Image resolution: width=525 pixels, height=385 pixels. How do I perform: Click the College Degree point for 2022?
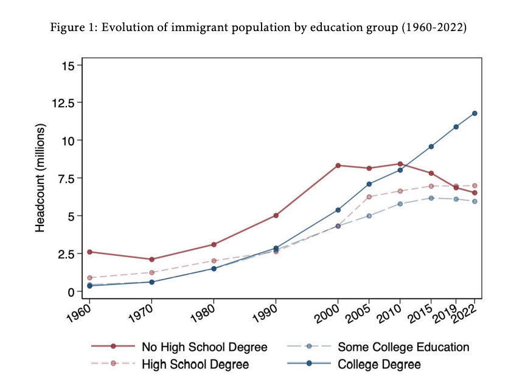tap(475, 113)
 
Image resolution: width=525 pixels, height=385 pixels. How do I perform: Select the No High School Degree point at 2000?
tap(338, 166)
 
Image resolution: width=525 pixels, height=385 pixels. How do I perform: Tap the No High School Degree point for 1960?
tap(90, 252)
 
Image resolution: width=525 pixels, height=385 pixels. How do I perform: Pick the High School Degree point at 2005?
tap(369, 196)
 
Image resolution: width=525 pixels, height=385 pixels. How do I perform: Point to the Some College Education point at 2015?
tap(431, 198)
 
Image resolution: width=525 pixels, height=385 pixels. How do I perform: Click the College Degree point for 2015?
tap(431, 146)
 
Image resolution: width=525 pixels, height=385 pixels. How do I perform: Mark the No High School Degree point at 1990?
tap(276, 215)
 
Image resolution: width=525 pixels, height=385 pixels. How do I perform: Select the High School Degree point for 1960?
tap(90, 278)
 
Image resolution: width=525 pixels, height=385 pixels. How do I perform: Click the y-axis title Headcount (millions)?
tap(41, 178)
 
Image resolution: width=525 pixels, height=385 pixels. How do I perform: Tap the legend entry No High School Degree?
tap(204, 347)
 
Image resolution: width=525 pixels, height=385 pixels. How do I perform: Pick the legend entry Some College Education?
tap(403, 347)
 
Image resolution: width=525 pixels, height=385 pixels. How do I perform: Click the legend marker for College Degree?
tap(309, 364)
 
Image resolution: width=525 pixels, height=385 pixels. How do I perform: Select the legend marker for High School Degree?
tap(113, 364)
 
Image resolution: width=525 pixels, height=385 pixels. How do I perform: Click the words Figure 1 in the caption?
tap(69, 29)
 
